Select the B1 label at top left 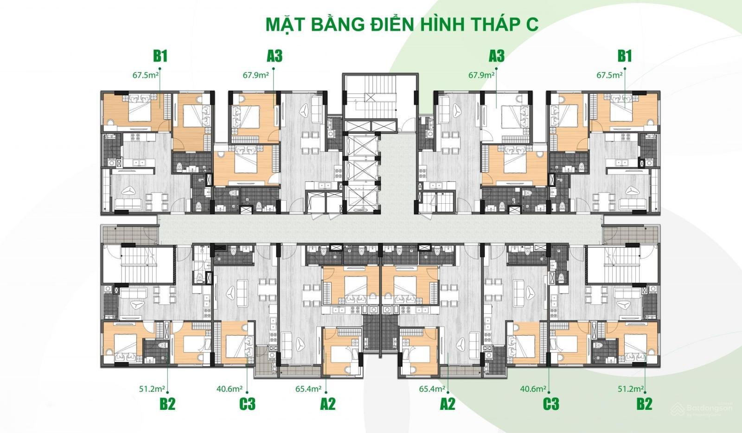point(160,56)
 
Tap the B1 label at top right point(624,56)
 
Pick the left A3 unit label point(275,56)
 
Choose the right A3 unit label point(496,56)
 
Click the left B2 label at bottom point(167,404)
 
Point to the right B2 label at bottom point(644,404)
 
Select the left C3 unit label point(247,404)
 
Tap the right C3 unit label point(550,404)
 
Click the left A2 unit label point(327,404)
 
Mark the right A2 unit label point(448,404)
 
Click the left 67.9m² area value point(256,74)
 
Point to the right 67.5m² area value point(609,74)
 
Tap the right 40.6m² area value point(533,389)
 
